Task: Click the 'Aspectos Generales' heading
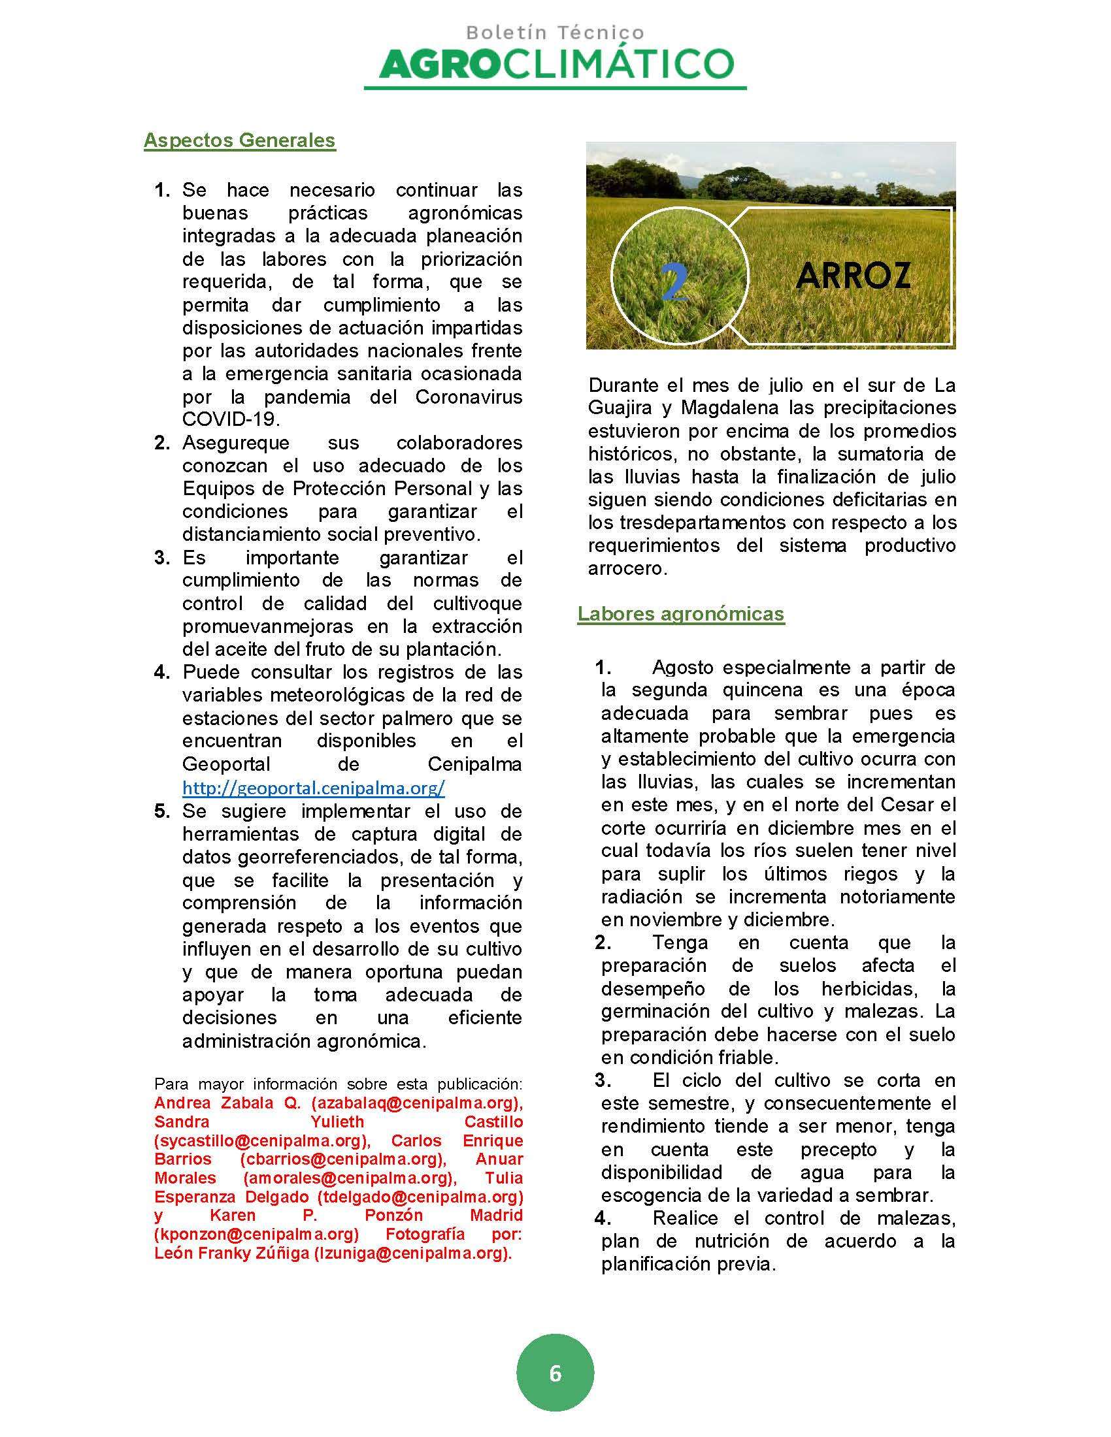(240, 140)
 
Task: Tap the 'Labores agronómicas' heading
(680, 613)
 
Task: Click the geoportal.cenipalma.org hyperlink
(313, 788)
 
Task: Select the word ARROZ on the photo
(852, 276)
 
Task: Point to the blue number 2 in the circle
(674, 283)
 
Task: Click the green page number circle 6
(555, 1374)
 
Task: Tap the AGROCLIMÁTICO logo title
(555, 65)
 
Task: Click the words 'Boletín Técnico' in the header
(555, 32)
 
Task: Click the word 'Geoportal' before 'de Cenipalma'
(225, 764)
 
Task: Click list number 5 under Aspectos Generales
(162, 811)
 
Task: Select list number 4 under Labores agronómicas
(603, 1218)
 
